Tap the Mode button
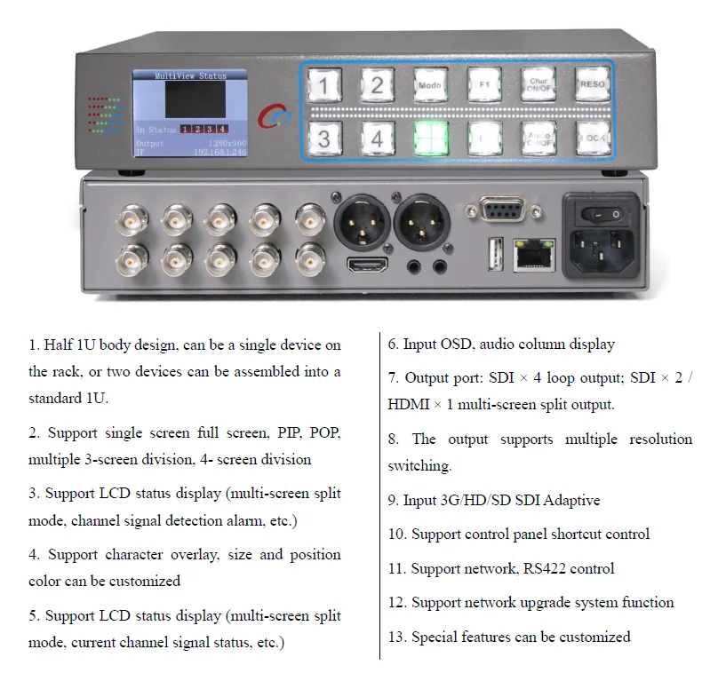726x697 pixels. (x=430, y=85)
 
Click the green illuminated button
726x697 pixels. (x=430, y=138)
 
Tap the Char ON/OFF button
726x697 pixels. (x=538, y=85)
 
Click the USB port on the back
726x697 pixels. (x=494, y=255)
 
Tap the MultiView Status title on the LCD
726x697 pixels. (x=190, y=76)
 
